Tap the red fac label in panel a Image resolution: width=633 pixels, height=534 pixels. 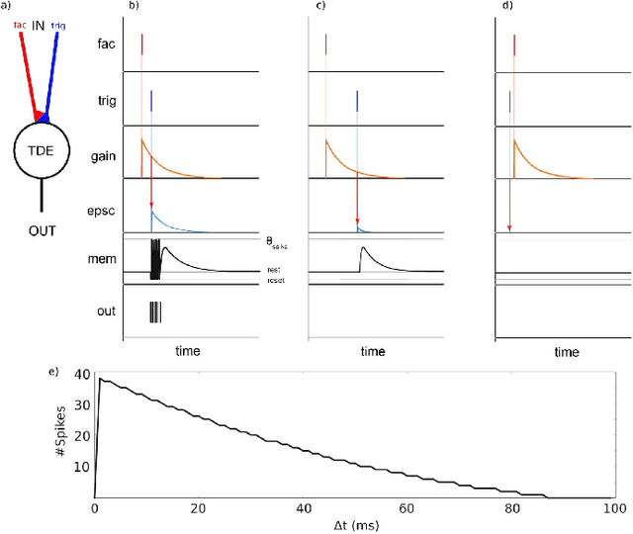pyautogui.click(x=19, y=25)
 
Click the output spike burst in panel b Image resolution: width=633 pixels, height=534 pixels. pyautogui.click(x=155, y=312)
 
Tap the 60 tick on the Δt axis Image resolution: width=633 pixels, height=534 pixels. pyautogui.click(x=407, y=507)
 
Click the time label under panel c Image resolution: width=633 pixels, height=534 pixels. pyautogui.click(x=373, y=351)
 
